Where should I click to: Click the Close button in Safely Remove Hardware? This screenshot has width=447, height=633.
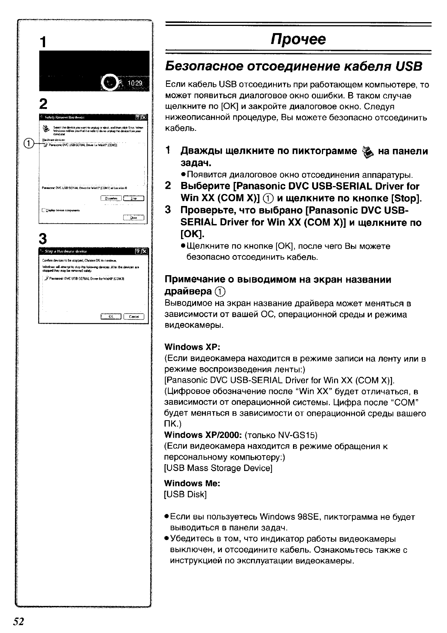pyautogui.click(x=134, y=218)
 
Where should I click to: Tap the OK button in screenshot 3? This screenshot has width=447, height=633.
pyautogui.click(x=111, y=316)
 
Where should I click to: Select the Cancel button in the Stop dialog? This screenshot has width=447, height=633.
pyautogui.click(x=134, y=316)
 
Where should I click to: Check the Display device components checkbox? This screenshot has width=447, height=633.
pyautogui.click(x=44, y=210)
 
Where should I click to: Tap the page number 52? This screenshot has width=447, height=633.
pyautogui.click(x=18, y=622)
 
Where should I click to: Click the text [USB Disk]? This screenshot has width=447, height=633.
pyautogui.click(x=186, y=494)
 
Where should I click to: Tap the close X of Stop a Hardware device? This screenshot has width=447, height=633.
pyautogui.click(x=145, y=251)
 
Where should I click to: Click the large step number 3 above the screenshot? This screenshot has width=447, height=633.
pyautogui.click(x=44, y=238)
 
